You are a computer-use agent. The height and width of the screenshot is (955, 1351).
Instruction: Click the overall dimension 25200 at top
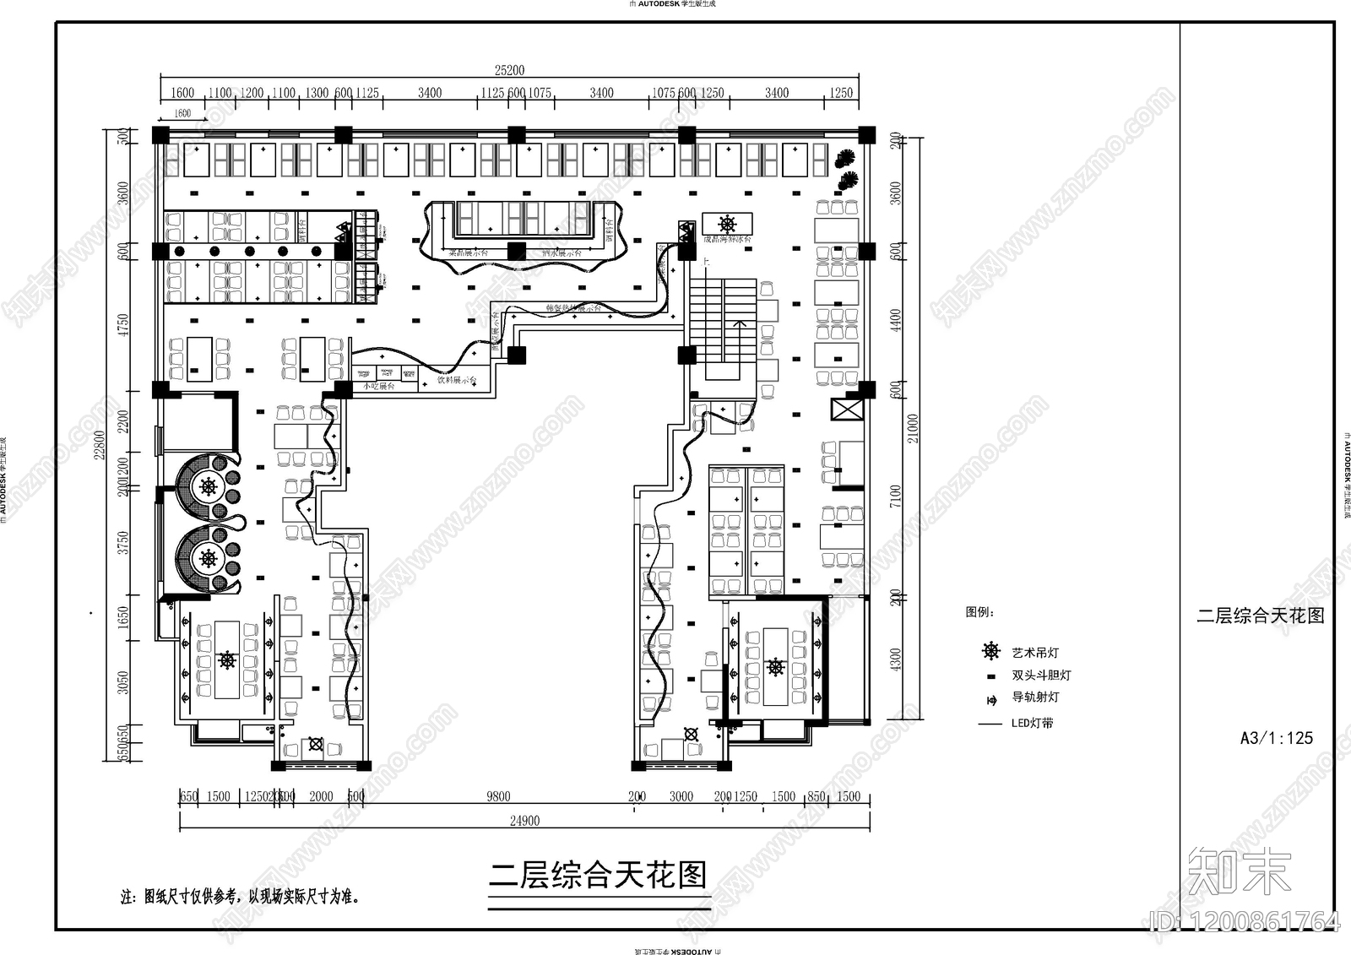(509, 71)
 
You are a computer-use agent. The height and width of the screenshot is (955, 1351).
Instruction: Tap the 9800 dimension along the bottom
(498, 796)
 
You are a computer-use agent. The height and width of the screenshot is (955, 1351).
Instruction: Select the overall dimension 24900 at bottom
(524, 821)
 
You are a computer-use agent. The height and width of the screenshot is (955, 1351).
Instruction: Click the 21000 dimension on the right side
(913, 428)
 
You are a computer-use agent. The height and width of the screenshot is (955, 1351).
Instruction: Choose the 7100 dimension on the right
(896, 496)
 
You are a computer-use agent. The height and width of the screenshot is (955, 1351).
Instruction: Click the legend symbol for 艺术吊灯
(990, 651)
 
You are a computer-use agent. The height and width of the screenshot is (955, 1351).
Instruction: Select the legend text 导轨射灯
(1034, 697)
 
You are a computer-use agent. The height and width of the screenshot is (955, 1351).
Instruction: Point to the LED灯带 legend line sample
(990, 724)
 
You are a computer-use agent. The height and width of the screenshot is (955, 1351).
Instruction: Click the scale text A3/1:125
(1276, 738)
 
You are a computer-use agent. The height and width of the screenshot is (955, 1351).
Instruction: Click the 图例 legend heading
(979, 612)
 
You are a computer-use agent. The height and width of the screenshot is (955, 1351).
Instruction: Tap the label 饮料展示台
(457, 381)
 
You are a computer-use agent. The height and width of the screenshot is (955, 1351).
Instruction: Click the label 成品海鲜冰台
(727, 240)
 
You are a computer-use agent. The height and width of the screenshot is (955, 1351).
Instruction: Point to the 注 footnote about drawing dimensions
(241, 897)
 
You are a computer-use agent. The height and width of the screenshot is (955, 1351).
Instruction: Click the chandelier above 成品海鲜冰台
(727, 224)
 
